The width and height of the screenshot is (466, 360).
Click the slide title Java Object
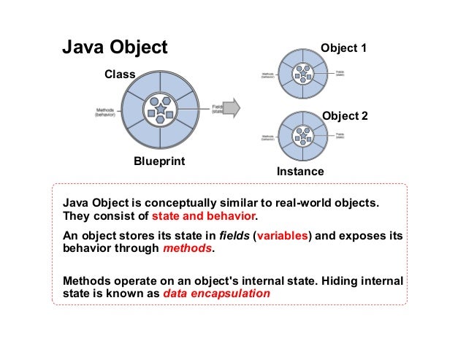point(115,48)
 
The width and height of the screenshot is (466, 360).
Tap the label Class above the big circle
point(121,74)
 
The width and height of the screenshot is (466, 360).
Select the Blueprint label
point(158,161)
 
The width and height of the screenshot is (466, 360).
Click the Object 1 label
point(344,49)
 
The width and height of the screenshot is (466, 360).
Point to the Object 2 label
point(345,116)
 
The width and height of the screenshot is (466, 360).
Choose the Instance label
point(300,172)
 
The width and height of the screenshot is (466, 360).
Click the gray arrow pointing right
point(231,107)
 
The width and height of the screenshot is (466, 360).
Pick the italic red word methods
point(186,248)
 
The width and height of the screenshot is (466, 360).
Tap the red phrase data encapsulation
point(216,294)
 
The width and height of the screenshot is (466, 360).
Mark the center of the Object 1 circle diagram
point(302,72)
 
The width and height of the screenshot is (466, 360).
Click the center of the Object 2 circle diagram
point(302,136)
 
